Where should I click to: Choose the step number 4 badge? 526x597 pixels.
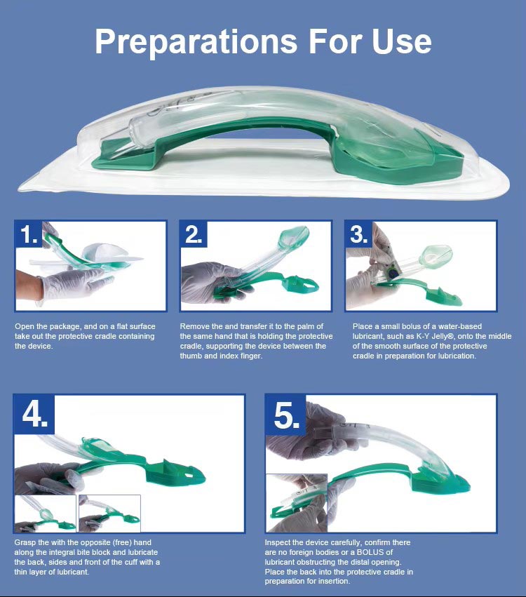click(34, 414)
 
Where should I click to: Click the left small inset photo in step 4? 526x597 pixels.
click(46, 514)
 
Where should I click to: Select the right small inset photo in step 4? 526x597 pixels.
click(109, 514)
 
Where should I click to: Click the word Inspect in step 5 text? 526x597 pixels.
click(278, 543)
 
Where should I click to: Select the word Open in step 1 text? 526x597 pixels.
click(25, 327)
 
